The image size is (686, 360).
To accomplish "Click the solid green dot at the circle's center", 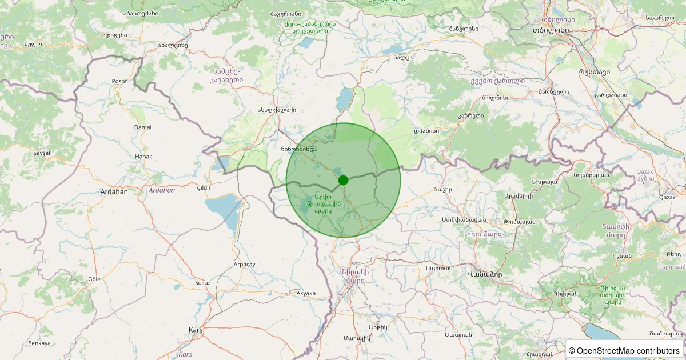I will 343,180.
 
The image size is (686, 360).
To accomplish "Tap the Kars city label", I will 196,330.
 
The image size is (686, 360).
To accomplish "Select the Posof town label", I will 119,81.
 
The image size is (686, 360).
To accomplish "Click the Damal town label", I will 142,127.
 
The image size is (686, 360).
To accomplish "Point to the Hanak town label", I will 143,156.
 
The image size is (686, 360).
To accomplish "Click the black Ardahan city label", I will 114,192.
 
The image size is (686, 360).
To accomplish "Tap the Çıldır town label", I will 204,188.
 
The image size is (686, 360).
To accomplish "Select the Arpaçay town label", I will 244,265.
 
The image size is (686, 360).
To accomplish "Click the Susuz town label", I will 202,283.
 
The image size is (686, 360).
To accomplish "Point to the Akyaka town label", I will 306,293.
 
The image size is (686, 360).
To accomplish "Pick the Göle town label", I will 94,279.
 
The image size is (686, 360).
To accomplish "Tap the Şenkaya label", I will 39,343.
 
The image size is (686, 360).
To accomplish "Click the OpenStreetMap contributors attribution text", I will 624,351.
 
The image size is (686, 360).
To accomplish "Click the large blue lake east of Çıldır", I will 224,209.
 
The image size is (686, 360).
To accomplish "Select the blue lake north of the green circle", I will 345,99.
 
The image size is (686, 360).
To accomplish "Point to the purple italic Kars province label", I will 185,354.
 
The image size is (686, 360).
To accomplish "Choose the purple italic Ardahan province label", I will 162,190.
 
